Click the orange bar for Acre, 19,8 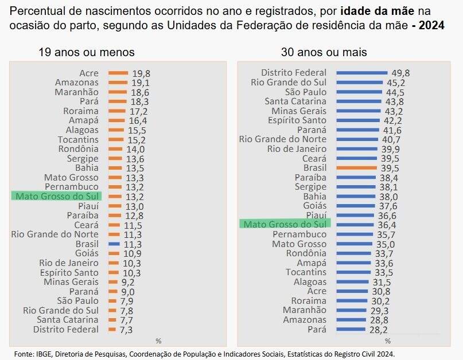[x=118, y=73]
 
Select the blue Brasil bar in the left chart [x=114, y=244]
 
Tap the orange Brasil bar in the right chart [x=356, y=168]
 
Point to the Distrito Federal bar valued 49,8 [x=361, y=73]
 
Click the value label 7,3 [x=126, y=329]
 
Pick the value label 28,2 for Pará [x=378, y=330]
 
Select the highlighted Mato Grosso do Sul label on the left [x=56, y=197]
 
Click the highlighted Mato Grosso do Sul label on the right [x=285, y=224]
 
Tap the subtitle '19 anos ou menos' [x=87, y=52]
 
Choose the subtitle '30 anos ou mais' [x=324, y=52]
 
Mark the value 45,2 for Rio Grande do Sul [x=396, y=83]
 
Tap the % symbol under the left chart [x=158, y=341]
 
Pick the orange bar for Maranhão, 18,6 [x=117, y=92]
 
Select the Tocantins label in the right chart [x=306, y=272]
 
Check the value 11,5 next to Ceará [x=133, y=225]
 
